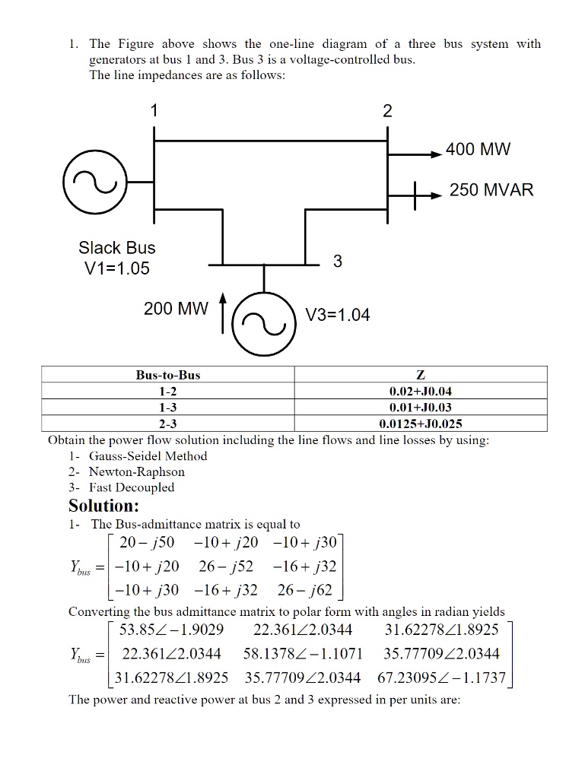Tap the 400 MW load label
(478, 149)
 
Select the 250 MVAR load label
(491, 190)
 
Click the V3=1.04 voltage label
(337, 315)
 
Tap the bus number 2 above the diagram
(387, 111)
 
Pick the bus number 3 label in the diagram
(338, 262)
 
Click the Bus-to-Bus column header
(168, 374)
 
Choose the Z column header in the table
(421, 374)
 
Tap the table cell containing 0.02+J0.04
(421, 391)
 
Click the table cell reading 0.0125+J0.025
(421, 424)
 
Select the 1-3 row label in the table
(168, 408)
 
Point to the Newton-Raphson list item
(137, 471)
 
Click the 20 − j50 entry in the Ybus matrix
(142, 544)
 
